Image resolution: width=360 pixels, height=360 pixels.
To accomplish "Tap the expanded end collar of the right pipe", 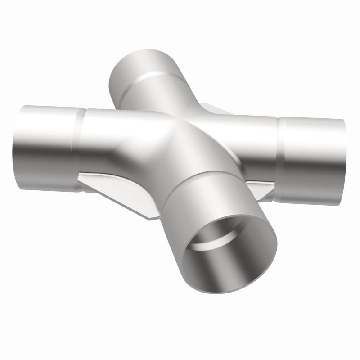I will click(x=310, y=157).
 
